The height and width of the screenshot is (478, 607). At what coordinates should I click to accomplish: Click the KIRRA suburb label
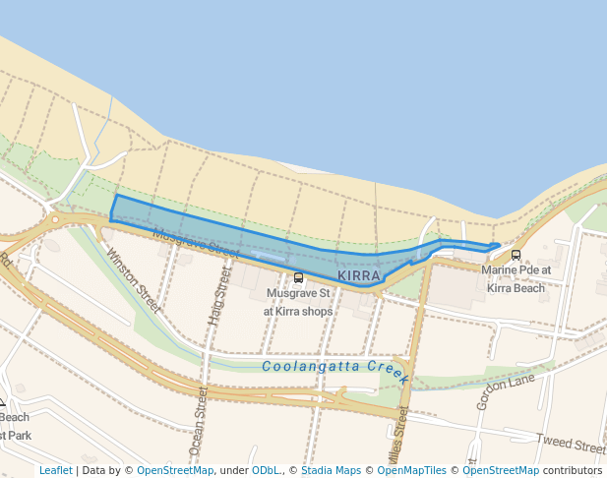(x=358, y=276)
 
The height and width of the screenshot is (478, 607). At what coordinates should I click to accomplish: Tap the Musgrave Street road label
(x=197, y=243)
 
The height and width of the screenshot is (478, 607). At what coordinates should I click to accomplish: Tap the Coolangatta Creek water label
(x=335, y=367)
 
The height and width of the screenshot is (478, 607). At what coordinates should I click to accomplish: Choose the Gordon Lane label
(x=506, y=391)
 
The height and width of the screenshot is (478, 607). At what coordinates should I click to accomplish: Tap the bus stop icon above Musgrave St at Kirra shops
(x=298, y=278)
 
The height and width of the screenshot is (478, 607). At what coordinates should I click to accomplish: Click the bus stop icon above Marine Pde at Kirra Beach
(x=516, y=256)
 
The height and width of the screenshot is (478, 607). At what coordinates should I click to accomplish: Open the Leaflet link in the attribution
(x=55, y=470)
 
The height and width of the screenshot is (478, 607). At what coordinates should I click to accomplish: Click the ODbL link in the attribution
(x=265, y=470)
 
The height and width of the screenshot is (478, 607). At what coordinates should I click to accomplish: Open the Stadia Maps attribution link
(x=331, y=470)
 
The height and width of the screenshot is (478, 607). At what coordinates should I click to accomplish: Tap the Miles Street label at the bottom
(x=401, y=423)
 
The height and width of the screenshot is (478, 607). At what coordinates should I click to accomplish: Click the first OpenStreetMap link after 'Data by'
(x=175, y=470)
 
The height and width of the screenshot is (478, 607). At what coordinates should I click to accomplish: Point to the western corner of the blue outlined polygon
(x=111, y=219)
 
